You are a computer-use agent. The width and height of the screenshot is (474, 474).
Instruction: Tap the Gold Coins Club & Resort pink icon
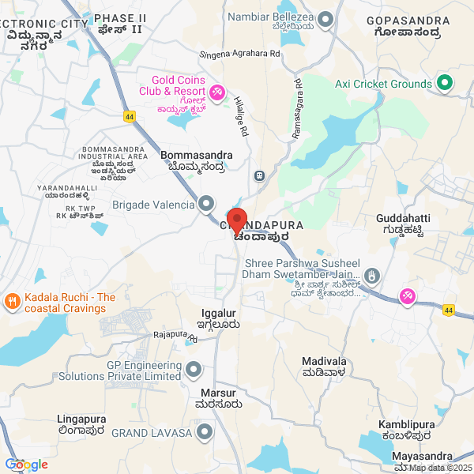[x=216, y=92]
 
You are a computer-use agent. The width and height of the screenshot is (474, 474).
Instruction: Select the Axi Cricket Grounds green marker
[x=444, y=82]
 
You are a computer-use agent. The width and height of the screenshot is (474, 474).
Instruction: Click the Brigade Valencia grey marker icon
[x=206, y=205]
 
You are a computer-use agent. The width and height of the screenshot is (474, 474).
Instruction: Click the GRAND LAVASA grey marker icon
[x=205, y=432]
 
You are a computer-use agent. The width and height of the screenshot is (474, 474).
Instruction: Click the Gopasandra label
[x=409, y=23]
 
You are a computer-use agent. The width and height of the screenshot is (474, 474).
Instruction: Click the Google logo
[x=27, y=464]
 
